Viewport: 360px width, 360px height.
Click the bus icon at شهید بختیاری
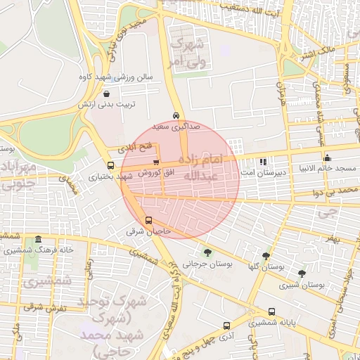[110, 165]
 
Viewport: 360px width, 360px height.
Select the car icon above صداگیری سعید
[175, 116]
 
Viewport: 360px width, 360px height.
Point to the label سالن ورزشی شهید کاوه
[116, 76]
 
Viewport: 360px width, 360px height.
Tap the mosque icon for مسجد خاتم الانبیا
[327, 157]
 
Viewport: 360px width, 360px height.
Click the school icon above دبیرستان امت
[263, 161]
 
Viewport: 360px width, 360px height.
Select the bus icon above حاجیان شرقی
[148, 220]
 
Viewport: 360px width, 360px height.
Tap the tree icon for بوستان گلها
[266, 257]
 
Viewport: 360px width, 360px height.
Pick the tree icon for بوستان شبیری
[302, 274]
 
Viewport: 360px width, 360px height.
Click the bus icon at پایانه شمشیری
[271, 311]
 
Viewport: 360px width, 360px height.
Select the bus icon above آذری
[226, 326]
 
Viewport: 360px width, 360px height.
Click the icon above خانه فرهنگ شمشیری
[38, 239]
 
